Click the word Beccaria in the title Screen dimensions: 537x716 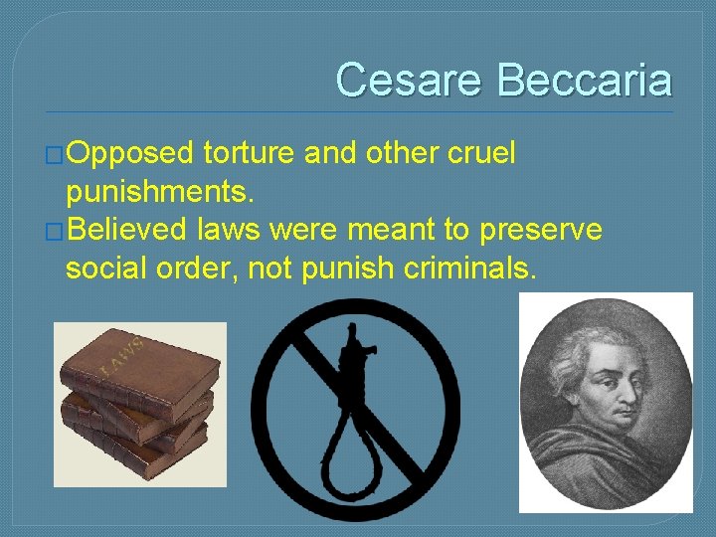click(x=584, y=80)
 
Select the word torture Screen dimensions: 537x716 click(x=249, y=153)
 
